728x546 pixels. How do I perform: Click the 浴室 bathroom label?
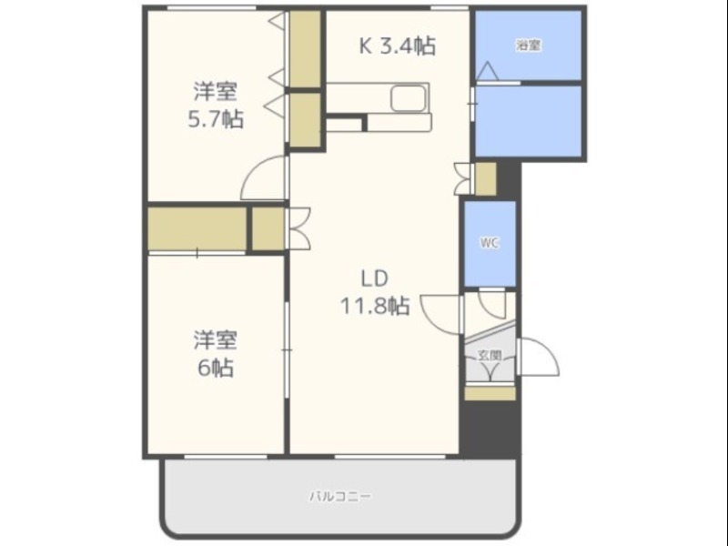528,45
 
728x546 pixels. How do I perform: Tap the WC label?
490,243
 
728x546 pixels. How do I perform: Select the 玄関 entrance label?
490,356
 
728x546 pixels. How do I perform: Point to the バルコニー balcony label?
339,497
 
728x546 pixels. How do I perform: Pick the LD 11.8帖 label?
374,292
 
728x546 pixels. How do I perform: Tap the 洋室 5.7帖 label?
216,105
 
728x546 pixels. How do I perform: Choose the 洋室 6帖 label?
215,354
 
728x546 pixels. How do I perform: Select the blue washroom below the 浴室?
528,119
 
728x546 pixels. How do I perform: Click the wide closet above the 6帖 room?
196,228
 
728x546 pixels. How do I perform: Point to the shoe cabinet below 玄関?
490,394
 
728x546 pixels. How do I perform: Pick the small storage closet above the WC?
486,178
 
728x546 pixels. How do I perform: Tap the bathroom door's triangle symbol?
488,70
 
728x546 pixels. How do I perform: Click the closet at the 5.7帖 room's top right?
306,50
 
